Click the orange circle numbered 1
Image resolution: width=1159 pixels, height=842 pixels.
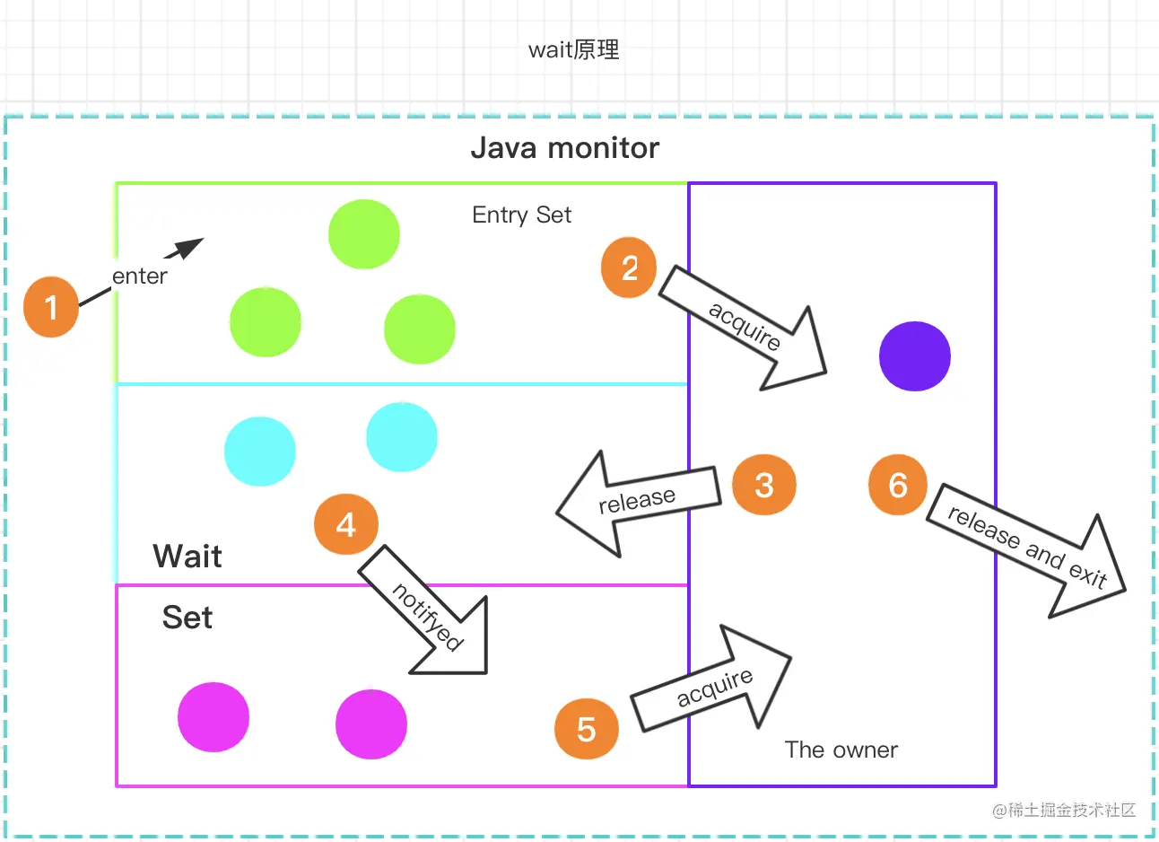click(x=51, y=307)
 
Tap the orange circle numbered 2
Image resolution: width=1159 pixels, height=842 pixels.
click(x=629, y=268)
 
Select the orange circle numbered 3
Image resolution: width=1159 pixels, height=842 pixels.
click(x=763, y=485)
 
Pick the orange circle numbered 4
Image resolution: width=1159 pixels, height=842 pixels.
click(x=346, y=524)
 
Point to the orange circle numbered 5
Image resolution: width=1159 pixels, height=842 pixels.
click(x=587, y=729)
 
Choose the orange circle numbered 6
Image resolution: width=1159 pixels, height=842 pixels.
click(x=898, y=485)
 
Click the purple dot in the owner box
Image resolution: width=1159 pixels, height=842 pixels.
click(x=914, y=356)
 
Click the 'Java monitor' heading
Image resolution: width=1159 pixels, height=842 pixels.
click(x=564, y=147)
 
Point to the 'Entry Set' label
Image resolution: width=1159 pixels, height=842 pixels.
click(x=521, y=215)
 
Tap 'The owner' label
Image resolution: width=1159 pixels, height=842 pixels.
click(x=841, y=750)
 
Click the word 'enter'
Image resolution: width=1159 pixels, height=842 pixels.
click(x=140, y=276)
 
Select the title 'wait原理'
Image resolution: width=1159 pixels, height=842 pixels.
click(x=574, y=49)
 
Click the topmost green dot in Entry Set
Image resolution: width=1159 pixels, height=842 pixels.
click(x=363, y=234)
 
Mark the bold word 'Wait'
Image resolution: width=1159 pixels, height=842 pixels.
click(x=187, y=556)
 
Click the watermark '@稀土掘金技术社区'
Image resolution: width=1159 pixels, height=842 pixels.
click(x=1064, y=810)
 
